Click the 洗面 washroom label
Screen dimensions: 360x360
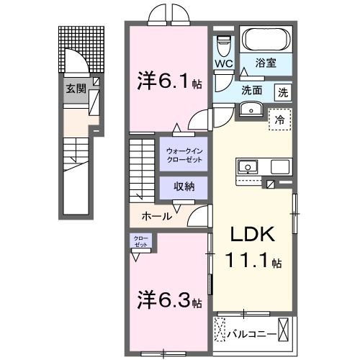[251, 92]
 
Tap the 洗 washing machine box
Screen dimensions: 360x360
[284, 92]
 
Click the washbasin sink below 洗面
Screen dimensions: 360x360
[251, 109]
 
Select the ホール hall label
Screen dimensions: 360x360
[156, 215]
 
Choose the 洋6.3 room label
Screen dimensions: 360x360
[168, 298]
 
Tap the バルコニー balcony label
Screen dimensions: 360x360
[250, 334]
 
